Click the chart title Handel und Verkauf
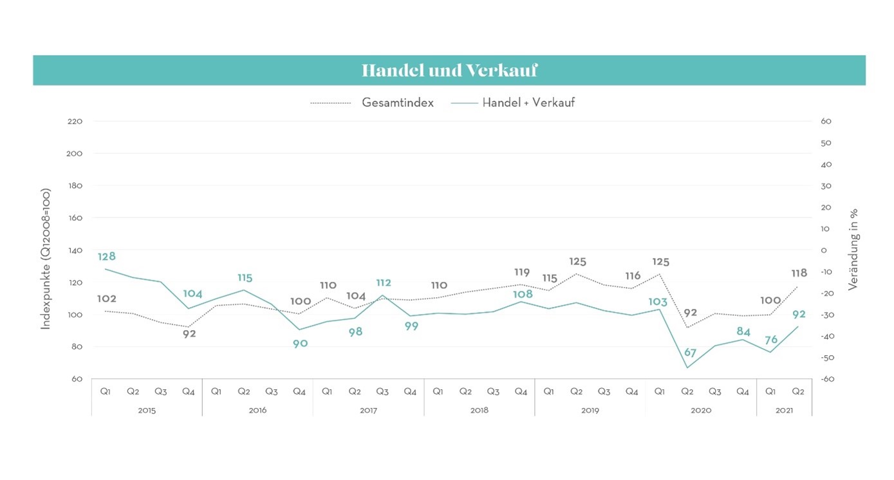click(449, 70)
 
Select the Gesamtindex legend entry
click(397, 102)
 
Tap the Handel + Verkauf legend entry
click(528, 102)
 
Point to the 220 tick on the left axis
click(75, 122)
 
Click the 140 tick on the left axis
click(75, 250)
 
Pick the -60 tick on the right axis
click(827, 379)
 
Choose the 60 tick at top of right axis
click(826, 122)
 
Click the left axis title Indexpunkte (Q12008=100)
click(46, 259)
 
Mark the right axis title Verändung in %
click(853, 250)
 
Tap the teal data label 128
click(106, 257)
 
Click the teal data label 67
click(690, 353)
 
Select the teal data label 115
click(245, 278)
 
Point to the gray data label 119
click(522, 272)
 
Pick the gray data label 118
click(799, 273)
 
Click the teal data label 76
click(771, 340)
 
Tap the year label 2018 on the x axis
click(479, 410)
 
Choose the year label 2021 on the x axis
click(784, 410)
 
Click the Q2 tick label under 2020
click(687, 391)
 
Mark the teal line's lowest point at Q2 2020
click(687, 368)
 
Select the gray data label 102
click(106, 299)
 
